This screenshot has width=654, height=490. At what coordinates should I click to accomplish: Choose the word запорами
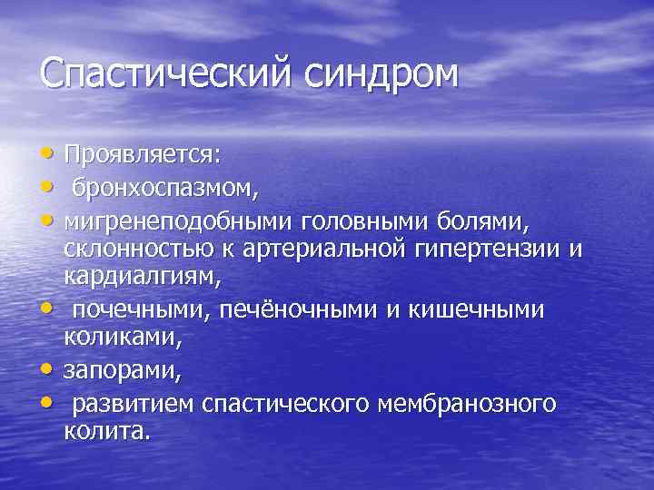[110, 370]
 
